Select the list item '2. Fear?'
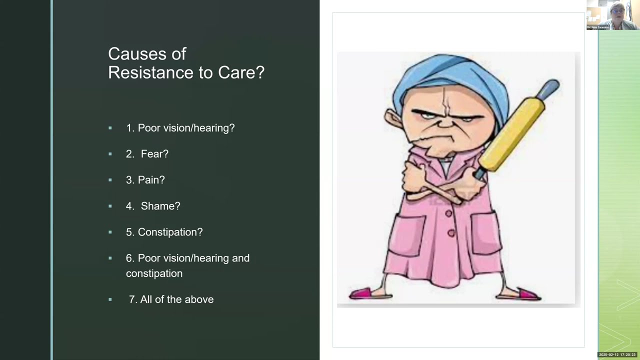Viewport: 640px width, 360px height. pos(147,154)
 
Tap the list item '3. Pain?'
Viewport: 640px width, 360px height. pos(145,180)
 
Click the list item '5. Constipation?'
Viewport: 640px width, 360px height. pos(164,232)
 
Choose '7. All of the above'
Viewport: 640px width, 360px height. pos(171,299)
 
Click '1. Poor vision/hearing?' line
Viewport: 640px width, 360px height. pos(180,128)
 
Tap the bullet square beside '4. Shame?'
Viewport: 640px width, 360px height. pos(110,206)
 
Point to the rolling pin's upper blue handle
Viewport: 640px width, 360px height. pos(550,87)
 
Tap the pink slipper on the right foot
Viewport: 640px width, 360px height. pos(525,293)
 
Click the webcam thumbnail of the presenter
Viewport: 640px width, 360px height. pos(612,15)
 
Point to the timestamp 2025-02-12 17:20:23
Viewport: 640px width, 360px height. pos(617,354)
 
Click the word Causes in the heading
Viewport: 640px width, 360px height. pos(147,53)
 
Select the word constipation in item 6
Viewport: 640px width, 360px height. pos(154,273)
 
